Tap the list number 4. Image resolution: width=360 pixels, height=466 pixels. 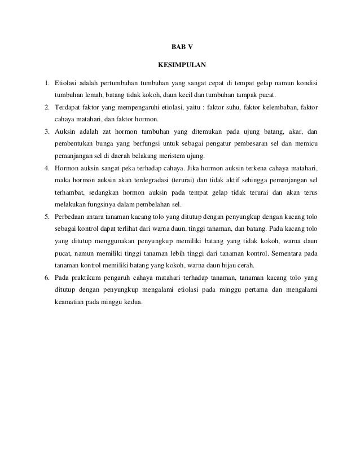tap(47, 168)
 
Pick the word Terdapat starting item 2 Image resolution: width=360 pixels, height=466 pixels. tap(69, 107)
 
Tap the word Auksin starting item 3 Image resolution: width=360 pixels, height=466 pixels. tap(65, 131)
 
